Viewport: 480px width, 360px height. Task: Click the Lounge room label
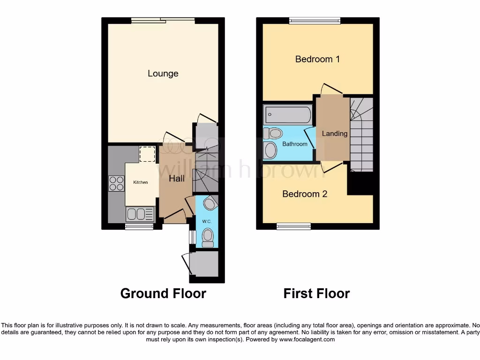pyautogui.click(x=163, y=74)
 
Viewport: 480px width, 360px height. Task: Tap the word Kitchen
pyautogui.click(x=140, y=182)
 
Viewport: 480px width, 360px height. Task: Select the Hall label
pyautogui.click(x=177, y=178)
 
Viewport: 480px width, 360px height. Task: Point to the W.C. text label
pyautogui.click(x=206, y=221)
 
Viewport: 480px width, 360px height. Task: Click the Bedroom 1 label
pyautogui.click(x=317, y=59)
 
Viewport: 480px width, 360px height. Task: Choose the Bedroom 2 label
pyautogui.click(x=305, y=194)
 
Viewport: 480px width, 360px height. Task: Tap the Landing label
pyautogui.click(x=335, y=134)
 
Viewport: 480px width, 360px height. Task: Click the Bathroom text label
pyautogui.click(x=295, y=144)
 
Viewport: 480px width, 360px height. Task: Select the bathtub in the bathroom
pyautogui.click(x=287, y=114)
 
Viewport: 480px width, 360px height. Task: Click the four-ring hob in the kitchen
pyautogui.click(x=116, y=183)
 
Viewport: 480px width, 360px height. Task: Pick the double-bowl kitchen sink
pyautogui.click(x=140, y=215)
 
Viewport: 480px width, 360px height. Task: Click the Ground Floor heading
pyautogui.click(x=163, y=293)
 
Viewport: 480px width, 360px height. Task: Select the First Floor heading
pyautogui.click(x=316, y=293)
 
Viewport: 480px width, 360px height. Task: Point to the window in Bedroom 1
pyautogui.click(x=315, y=20)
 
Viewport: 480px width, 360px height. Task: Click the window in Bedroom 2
pyautogui.click(x=293, y=226)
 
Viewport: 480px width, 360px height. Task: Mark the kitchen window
pyautogui.click(x=139, y=226)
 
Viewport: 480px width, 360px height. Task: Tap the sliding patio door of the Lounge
pyautogui.click(x=163, y=20)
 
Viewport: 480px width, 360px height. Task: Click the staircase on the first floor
pyautogui.click(x=362, y=136)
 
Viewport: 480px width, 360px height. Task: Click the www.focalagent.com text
pyautogui.click(x=307, y=339)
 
